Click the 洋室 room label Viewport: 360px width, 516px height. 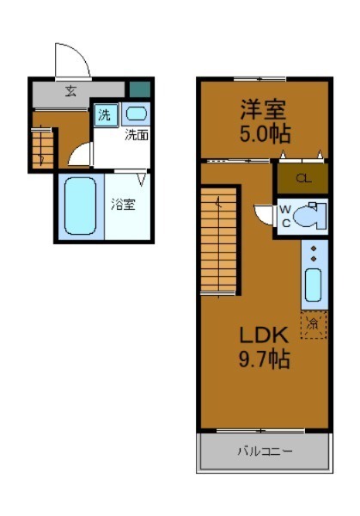pyautogui.click(x=263, y=110)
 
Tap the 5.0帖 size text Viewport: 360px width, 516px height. pyautogui.click(x=263, y=133)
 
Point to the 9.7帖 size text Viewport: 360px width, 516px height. pyautogui.click(x=263, y=359)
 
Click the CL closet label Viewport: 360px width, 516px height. pyautogui.click(x=302, y=179)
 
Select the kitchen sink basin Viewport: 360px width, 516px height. pyautogui.click(x=314, y=285)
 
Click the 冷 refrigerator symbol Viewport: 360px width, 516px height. pyautogui.click(x=314, y=324)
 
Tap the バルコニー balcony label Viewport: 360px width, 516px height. pyautogui.click(x=264, y=451)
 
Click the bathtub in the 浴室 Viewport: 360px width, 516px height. pyautogui.click(x=79, y=206)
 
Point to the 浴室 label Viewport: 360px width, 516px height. pyautogui.click(x=123, y=205)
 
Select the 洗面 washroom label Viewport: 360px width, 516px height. pyautogui.click(x=136, y=135)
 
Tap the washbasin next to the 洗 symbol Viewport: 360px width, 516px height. pyautogui.click(x=135, y=114)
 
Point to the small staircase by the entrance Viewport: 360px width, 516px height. pyautogui.click(x=42, y=147)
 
